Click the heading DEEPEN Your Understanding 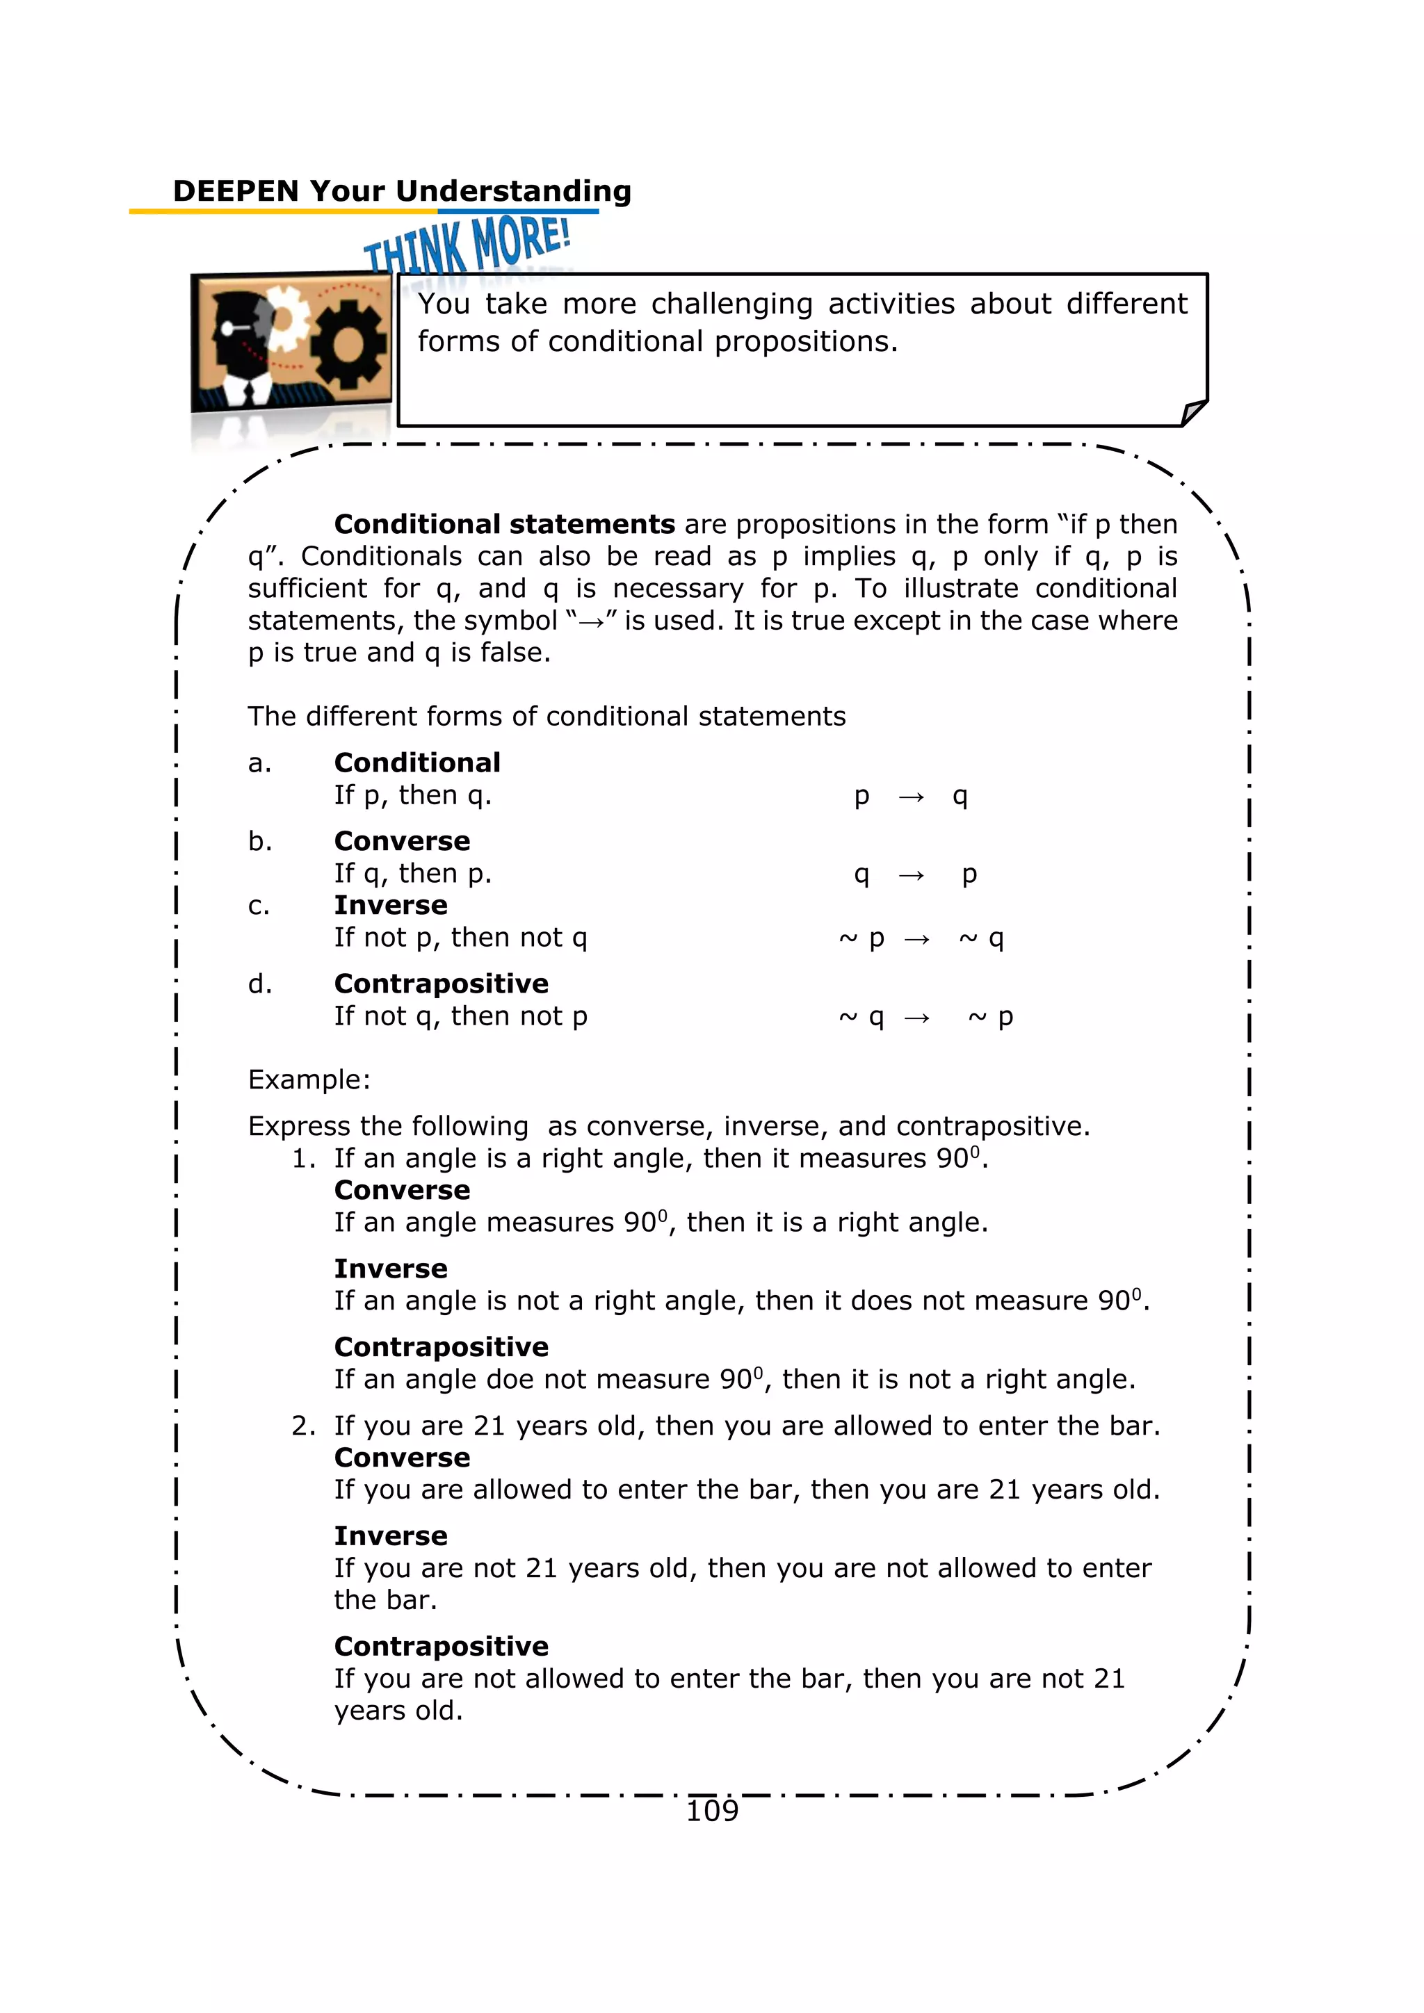click(402, 191)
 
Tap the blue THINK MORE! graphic click(467, 245)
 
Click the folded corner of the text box click(1192, 412)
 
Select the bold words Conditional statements click(504, 524)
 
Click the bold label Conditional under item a click(417, 763)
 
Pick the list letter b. click(259, 842)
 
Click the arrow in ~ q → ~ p click(917, 1018)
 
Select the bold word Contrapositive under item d click(441, 984)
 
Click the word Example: click(309, 1079)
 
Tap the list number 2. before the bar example click(302, 1426)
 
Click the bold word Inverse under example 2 click(390, 1536)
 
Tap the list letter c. click(259, 906)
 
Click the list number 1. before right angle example click(302, 1158)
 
